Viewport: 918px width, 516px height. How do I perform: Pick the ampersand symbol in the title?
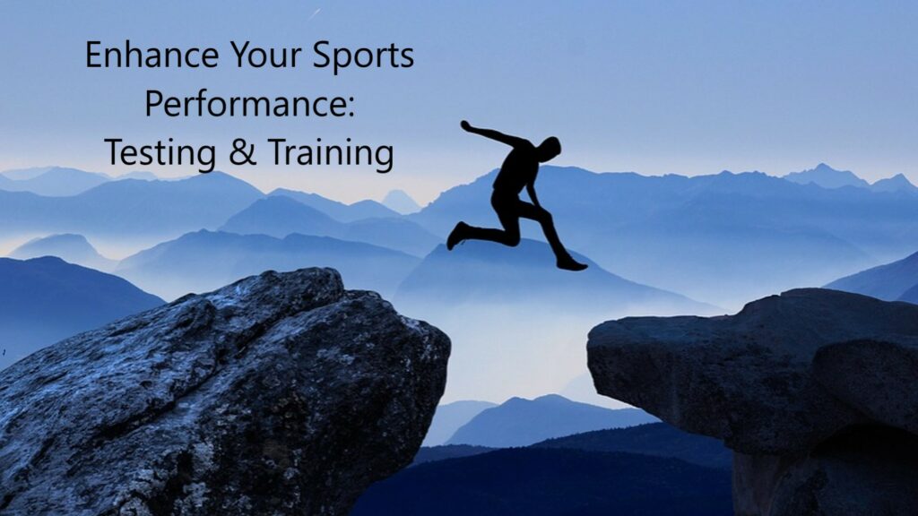[240, 153]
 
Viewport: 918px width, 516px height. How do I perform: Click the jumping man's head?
[548, 148]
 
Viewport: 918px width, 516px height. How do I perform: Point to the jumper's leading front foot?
[571, 263]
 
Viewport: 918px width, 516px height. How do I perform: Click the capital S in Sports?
[322, 56]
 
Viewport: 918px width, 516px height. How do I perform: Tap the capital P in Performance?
[153, 103]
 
